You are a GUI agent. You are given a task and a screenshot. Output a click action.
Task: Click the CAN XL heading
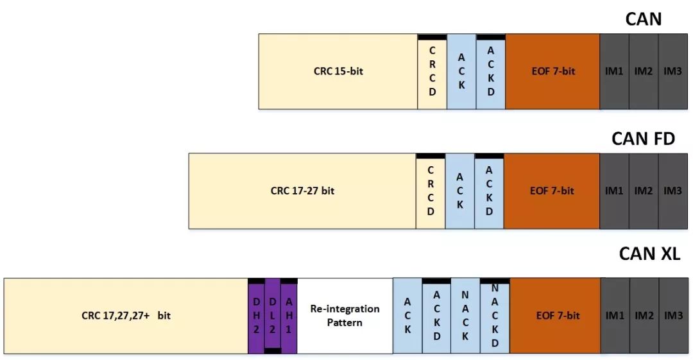tap(649, 253)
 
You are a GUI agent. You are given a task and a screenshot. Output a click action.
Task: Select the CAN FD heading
tap(643, 139)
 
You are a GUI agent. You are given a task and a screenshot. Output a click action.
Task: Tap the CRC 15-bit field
tap(338, 72)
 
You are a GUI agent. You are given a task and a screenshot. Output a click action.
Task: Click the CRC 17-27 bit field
tap(302, 191)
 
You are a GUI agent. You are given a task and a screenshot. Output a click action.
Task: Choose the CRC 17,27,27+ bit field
tap(126, 316)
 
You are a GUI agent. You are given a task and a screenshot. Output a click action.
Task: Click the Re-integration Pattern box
tap(345, 316)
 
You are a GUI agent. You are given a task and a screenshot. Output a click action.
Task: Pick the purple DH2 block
tap(256, 316)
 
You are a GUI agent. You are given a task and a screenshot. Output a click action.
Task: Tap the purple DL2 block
tap(273, 316)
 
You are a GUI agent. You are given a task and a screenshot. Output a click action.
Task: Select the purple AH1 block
tap(289, 316)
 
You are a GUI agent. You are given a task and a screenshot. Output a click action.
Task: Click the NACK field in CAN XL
tap(465, 316)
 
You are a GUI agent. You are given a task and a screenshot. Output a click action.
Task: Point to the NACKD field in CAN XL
tap(495, 316)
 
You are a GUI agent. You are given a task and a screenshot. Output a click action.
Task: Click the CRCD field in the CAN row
tap(432, 72)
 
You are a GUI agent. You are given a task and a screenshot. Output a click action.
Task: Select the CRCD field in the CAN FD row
tap(431, 191)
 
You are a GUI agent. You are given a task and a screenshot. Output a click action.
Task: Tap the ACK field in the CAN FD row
tap(460, 191)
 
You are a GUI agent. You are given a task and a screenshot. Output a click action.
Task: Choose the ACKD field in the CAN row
tap(491, 72)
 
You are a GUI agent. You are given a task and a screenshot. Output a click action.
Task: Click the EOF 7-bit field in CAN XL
tap(556, 316)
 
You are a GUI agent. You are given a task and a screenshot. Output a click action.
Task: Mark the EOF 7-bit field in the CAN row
tap(553, 72)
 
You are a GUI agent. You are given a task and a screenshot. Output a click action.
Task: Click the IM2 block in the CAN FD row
tap(644, 191)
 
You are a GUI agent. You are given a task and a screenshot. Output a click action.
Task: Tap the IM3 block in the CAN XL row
tap(674, 316)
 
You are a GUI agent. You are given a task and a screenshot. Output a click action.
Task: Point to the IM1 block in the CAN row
tap(614, 72)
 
